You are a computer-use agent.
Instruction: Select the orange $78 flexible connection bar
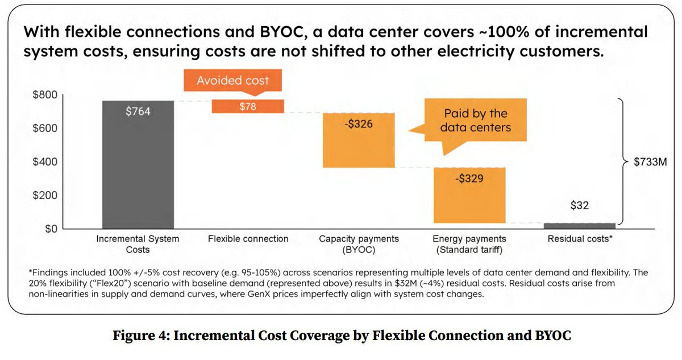[248, 106]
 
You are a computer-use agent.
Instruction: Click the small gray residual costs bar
[580, 225]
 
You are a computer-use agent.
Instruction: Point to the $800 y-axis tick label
[44, 95]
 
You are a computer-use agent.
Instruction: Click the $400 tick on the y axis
[44, 162]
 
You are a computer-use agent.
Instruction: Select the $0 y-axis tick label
[51, 229]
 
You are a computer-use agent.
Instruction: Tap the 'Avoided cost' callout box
[233, 81]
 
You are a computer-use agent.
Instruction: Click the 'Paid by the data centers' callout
[475, 121]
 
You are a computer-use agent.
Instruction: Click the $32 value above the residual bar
[580, 206]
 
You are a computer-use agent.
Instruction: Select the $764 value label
[138, 111]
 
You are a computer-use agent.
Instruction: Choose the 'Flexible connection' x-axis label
[248, 239]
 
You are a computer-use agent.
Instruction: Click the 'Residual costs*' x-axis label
[580, 239]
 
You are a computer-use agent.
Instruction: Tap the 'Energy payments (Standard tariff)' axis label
[469, 245]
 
